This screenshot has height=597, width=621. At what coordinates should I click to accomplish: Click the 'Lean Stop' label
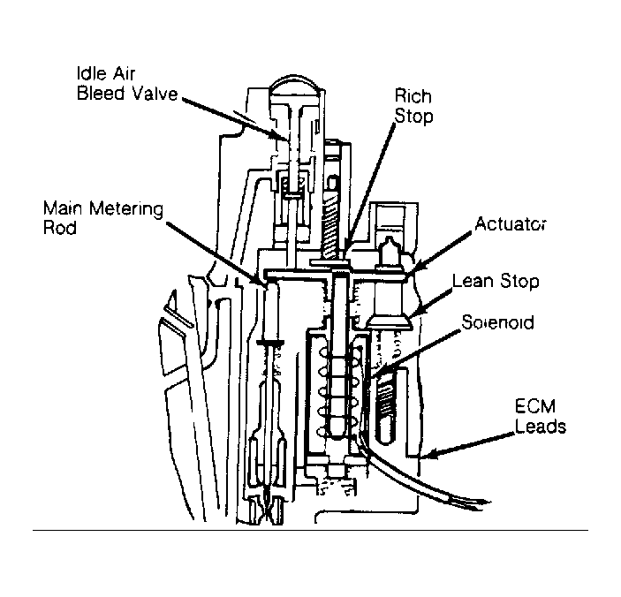pyautogui.click(x=496, y=283)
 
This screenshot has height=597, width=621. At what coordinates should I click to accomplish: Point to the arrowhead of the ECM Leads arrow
pyautogui.click(x=424, y=457)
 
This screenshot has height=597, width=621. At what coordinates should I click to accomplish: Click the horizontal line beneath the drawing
pyautogui.click(x=309, y=530)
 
